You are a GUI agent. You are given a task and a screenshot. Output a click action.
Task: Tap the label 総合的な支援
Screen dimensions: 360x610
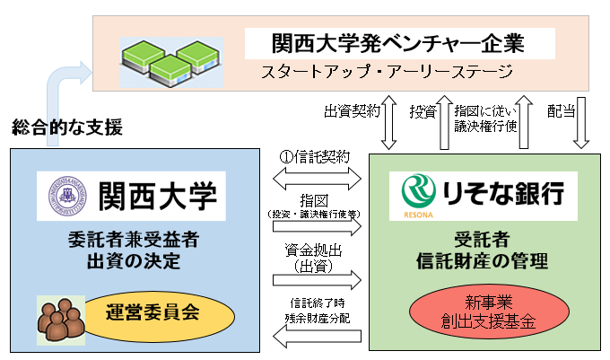[x=67, y=128]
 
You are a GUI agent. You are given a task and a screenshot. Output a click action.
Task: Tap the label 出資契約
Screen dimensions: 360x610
[x=352, y=111]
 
